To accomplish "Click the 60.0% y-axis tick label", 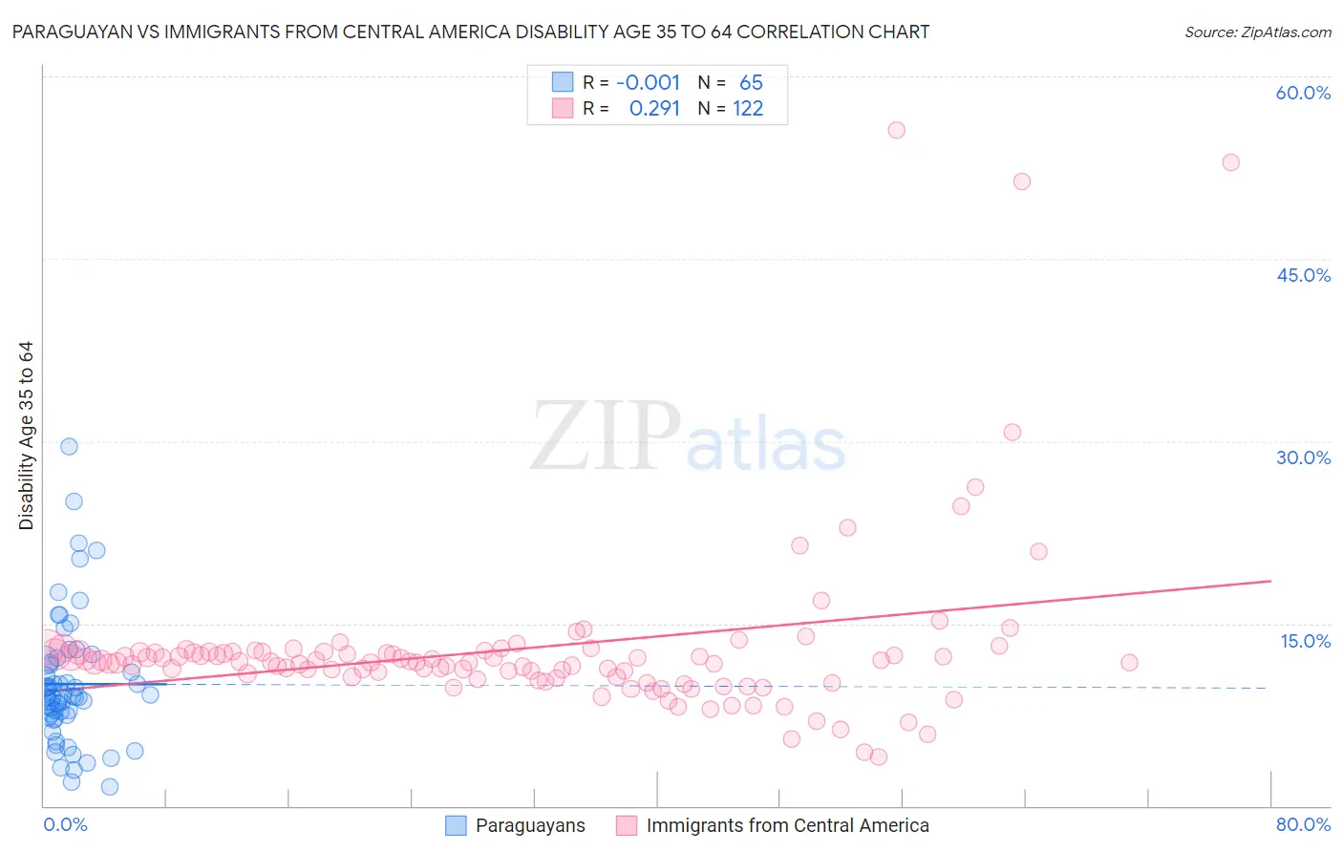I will click(x=1303, y=93).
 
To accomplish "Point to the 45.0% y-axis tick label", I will click(x=1303, y=275).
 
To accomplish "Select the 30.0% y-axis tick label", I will click(x=1303, y=458).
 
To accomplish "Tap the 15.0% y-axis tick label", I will click(x=1305, y=641).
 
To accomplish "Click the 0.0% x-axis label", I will click(x=65, y=824).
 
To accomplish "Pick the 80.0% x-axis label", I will click(x=1303, y=824).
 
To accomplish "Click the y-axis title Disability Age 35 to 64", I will click(x=26, y=436).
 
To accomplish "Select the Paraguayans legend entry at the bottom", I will click(x=530, y=825).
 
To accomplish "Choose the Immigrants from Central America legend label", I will click(x=787, y=825).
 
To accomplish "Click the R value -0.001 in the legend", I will click(x=648, y=83).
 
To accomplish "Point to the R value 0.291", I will click(x=654, y=109).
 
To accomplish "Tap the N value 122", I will click(x=748, y=109).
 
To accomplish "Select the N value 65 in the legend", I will click(x=751, y=83).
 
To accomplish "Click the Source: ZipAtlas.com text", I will click(x=1257, y=32).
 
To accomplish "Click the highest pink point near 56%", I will click(x=896, y=130).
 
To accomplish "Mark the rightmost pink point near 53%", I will click(x=1230, y=162).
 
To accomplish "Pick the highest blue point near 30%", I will click(x=69, y=446).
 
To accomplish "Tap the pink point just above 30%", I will click(x=1013, y=433).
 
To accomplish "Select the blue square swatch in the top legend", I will click(x=563, y=82).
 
